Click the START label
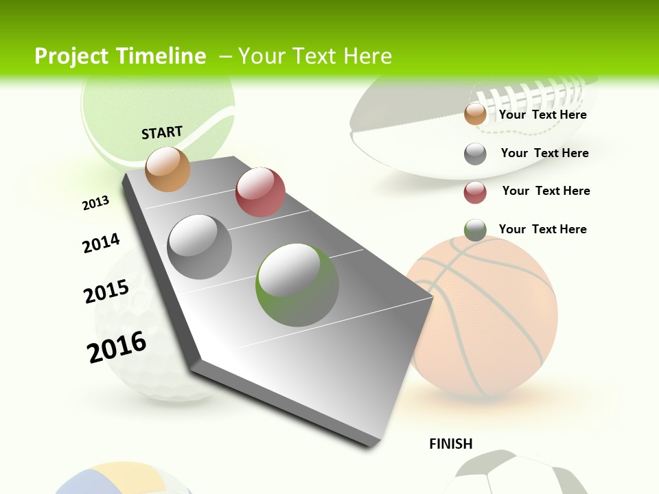click(x=162, y=132)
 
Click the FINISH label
click(x=451, y=444)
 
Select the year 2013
click(x=95, y=203)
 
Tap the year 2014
click(x=101, y=244)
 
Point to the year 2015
click(x=106, y=292)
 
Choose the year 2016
click(x=117, y=347)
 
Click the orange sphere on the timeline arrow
click(x=168, y=169)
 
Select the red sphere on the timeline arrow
click(x=260, y=191)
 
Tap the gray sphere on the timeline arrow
click(x=200, y=246)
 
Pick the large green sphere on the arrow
click(x=297, y=285)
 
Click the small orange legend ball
click(x=475, y=114)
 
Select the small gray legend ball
click(x=475, y=154)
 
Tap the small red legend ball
click(x=475, y=192)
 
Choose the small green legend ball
click(x=475, y=230)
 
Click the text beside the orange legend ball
click(x=542, y=115)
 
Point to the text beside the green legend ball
click(x=542, y=229)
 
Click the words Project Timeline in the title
click(x=120, y=56)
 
